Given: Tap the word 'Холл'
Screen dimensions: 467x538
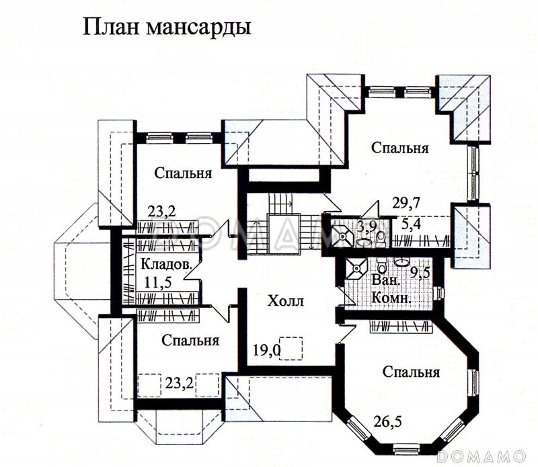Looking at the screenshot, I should click(x=286, y=301).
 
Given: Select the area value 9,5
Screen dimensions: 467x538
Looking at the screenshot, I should click(x=420, y=273).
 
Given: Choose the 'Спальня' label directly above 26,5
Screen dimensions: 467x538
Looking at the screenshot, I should click(x=411, y=372).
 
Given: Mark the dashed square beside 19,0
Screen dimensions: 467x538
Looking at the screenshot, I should click(x=291, y=347).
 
